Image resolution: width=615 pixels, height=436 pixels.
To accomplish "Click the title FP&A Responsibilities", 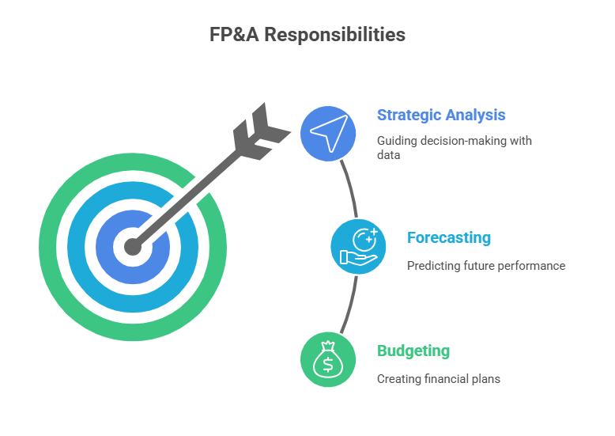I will pos(307,35).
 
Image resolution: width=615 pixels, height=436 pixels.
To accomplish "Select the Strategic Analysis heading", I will pos(441,115).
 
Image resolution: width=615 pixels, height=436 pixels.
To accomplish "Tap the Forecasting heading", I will pos(448,237).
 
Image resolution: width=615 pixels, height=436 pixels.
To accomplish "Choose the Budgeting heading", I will pos(413,351).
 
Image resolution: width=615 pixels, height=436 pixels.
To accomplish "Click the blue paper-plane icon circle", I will pos(328,133).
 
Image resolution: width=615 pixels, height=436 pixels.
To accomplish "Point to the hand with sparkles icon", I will pos(358,246).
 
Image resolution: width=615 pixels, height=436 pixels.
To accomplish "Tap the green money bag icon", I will pos(328,359).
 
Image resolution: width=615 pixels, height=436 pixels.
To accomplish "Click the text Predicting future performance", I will pos(485,266).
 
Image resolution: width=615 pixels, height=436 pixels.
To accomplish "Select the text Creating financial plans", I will pos(438,379).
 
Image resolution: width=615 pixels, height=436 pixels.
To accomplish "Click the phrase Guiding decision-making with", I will pos(454,141).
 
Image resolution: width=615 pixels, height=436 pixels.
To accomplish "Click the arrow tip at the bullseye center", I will pos(133,247).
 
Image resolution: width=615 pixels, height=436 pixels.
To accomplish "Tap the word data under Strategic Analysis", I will pos(387,156).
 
